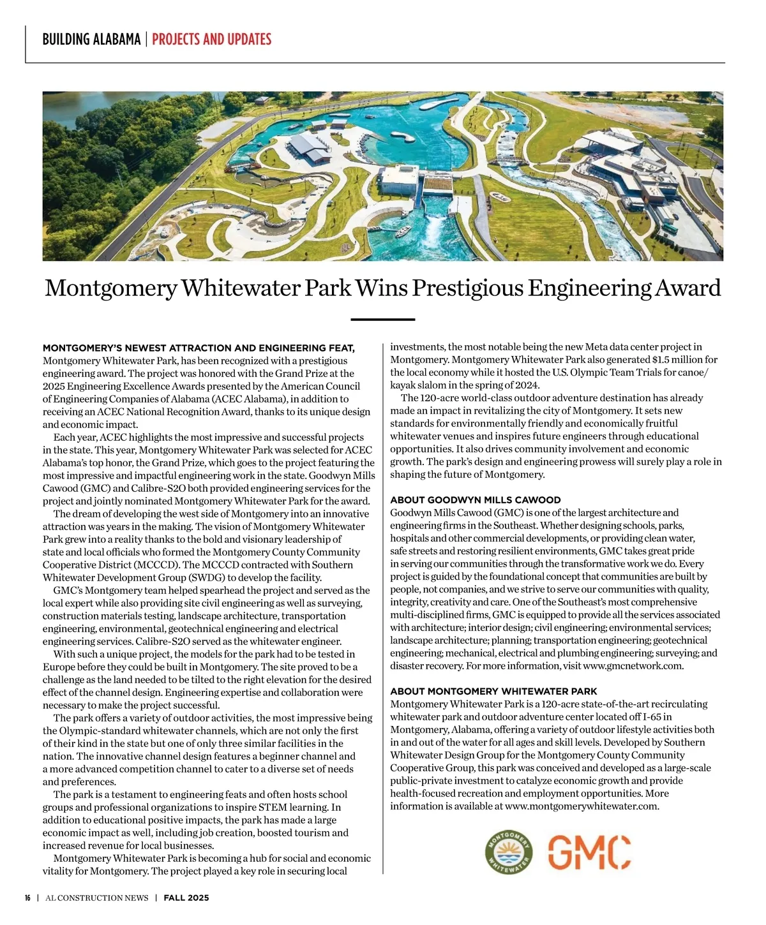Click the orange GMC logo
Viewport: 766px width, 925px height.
point(589,852)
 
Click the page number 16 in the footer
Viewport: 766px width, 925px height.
point(28,898)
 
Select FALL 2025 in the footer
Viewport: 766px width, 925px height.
point(186,898)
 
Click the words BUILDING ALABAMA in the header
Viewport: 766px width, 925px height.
point(91,40)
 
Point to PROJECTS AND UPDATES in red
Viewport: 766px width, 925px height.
point(211,40)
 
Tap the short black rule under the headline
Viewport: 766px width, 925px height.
point(383,319)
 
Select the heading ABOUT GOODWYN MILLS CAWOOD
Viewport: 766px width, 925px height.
point(475,500)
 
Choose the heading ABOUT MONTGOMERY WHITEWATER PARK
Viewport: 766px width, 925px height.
point(493,692)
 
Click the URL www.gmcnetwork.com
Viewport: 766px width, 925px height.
point(633,666)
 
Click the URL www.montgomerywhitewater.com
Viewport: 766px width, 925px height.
point(581,806)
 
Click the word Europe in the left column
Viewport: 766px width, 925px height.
point(58,667)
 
